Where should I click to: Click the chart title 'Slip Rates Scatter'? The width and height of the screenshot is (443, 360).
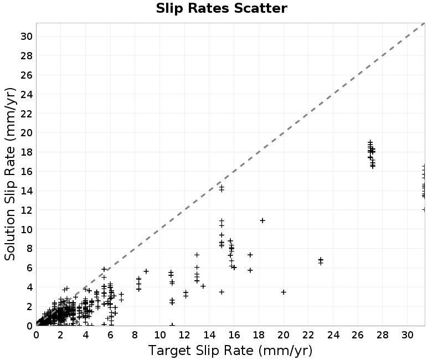click(x=221, y=8)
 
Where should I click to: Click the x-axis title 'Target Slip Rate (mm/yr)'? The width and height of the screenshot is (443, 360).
click(x=230, y=351)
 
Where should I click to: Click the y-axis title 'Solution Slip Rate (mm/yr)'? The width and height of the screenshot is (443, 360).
click(x=10, y=174)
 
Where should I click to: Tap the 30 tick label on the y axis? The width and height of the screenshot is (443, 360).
click(x=26, y=37)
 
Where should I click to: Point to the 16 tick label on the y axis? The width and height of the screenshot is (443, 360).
click(x=26, y=172)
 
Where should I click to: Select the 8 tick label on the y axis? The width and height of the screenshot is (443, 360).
click(x=29, y=249)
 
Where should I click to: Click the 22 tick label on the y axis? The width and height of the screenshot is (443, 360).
click(x=26, y=114)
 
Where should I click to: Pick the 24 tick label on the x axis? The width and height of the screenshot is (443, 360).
click(x=333, y=335)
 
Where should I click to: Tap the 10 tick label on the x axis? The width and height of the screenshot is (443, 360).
click(x=159, y=335)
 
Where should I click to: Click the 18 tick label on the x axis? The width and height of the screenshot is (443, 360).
click(x=259, y=335)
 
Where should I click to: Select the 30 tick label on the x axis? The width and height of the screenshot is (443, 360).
click(x=408, y=335)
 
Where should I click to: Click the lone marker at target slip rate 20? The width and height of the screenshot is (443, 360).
click(x=284, y=292)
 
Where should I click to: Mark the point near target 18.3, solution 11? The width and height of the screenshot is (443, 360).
click(x=262, y=220)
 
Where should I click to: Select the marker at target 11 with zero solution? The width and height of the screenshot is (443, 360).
click(x=172, y=325)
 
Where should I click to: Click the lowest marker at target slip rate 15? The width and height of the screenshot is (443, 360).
click(x=221, y=292)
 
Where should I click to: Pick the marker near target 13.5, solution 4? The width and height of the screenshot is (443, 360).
click(x=203, y=286)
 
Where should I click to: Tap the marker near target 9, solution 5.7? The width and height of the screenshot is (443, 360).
click(x=146, y=271)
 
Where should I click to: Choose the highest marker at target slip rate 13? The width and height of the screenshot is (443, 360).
click(x=197, y=255)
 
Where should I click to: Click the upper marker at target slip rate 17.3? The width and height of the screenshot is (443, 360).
click(x=250, y=255)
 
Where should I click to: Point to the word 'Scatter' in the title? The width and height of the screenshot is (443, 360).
click(x=260, y=8)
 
